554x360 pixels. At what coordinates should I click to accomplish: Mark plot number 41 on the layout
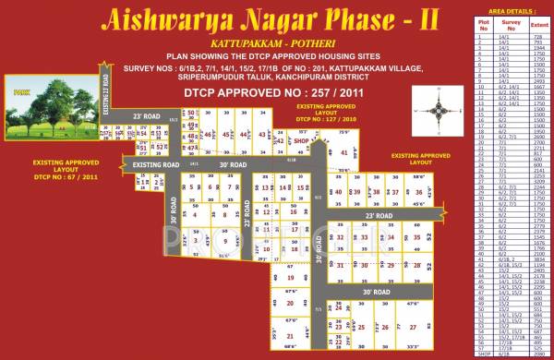tap(344, 153)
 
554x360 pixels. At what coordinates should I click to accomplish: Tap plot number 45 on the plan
tap(225, 135)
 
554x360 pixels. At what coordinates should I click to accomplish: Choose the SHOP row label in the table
tap(481, 354)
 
